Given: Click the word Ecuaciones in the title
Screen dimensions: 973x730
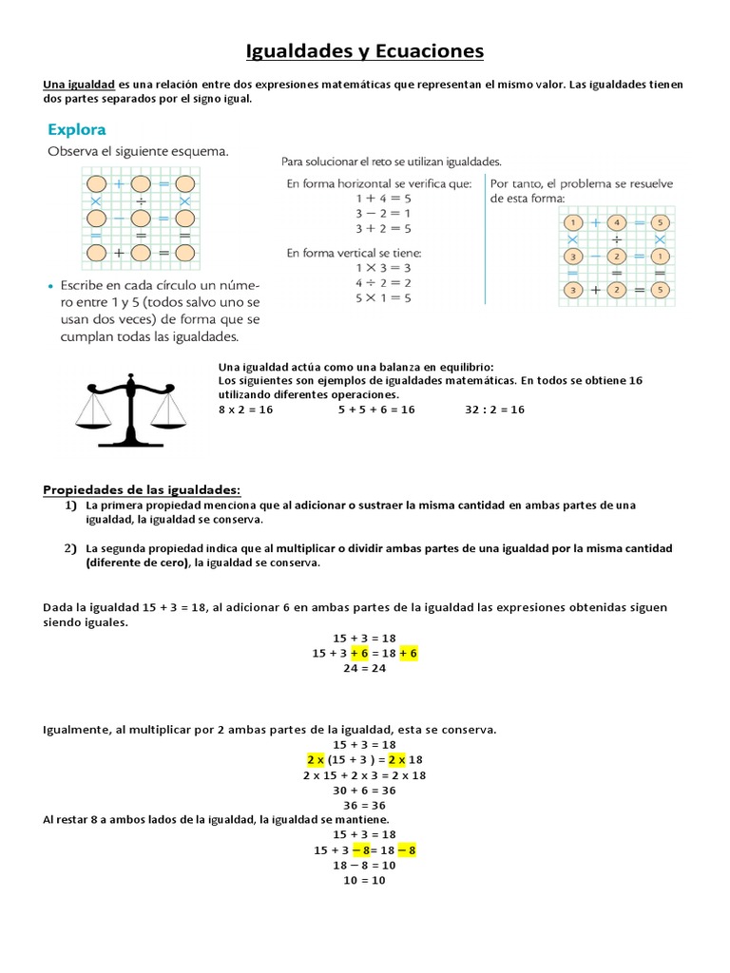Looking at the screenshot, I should click(430, 50).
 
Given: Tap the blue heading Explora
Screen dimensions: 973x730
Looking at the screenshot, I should click(76, 129).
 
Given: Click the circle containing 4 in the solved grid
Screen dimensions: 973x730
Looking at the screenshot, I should click(617, 223).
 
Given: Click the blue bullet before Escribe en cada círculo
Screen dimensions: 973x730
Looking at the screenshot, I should click(50, 285).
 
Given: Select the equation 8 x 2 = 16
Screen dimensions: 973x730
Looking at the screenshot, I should click(245, 410).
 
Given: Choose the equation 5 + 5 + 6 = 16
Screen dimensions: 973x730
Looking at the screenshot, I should click(376, 410).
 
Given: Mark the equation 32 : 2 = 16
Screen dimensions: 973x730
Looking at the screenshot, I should click(494, 410).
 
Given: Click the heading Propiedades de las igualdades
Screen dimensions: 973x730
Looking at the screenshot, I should click(142, 489).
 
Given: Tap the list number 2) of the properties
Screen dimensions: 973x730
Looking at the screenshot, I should click(70, 548).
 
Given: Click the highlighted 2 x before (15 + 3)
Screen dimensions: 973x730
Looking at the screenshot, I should click(316, 760).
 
